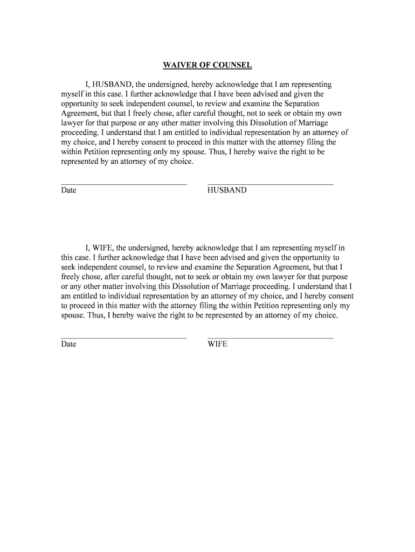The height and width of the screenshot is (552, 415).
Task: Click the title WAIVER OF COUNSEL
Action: pyautogui.click(x=207, y=66)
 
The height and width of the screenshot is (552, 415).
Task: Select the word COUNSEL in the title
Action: pyautogui.click(x=232, y=66)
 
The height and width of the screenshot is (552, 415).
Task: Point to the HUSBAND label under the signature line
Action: pyautogui.click(x=227, y=190)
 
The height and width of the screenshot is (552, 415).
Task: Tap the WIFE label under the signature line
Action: pyautogui.click(x=217, y=344)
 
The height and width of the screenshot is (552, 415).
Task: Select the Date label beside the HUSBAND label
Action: pyautogui.click(x=68, y=190)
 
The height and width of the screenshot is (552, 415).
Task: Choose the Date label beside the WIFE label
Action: pyautogui.click(x=68, y=344)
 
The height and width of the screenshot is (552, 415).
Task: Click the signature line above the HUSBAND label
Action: pyautogui.click(x=270, y=184)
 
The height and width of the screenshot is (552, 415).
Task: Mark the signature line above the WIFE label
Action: pyautogui.click(x=270, y=338)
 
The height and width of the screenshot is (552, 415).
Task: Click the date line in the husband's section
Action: pyautogui.click(x=124, y=184)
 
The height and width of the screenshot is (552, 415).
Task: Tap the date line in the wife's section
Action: pyautogui.click(x=124, y=338)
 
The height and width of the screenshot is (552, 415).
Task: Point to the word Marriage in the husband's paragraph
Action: pyautogui.click(x=309, y=123)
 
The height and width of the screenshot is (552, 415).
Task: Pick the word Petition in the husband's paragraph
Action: pyautogui.click(x=96, y=152)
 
